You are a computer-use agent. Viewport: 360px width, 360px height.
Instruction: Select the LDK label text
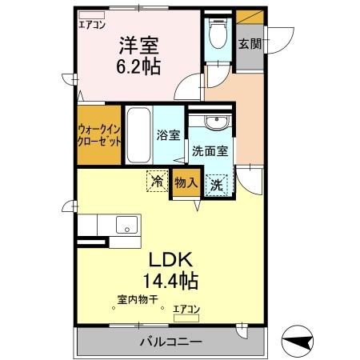point(170,260)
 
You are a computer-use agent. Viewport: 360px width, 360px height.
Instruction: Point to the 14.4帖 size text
point(170,281)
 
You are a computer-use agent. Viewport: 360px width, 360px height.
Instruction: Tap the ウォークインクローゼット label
point(99,134)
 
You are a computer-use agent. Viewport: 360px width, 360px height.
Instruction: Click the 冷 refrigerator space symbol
point(158,182)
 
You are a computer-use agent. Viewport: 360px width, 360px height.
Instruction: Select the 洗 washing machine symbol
point(217,185)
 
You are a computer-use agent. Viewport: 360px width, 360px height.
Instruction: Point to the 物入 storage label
point(186,182)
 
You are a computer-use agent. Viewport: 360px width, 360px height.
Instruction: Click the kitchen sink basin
point(126,225)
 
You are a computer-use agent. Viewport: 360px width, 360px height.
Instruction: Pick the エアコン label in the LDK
point(186,309)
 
